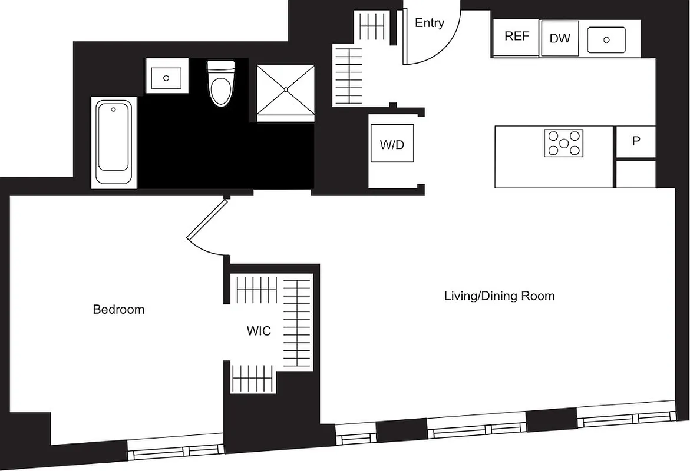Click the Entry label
(429, 23)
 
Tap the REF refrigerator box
(516, 37)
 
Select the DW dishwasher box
(560, 38)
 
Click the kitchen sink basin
(606, 39)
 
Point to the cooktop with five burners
(563, 143)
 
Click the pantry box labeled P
(635, 142)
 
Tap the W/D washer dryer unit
(392, 144)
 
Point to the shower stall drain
(286, 89)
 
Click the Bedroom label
(118, 309)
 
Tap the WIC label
(259, 331)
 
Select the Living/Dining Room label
(499, 296)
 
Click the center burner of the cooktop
(563, 143)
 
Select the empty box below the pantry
(635, 174)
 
